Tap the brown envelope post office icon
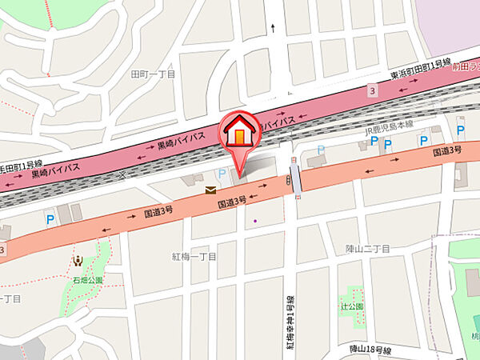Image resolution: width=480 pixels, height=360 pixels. click(210, 190)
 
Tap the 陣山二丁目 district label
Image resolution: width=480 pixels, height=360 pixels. click(368, 249)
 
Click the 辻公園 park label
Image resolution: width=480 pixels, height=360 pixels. click(351, 306)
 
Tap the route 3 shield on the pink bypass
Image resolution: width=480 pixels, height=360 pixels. click(371, 91)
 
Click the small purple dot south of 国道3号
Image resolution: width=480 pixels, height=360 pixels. click(254, 221)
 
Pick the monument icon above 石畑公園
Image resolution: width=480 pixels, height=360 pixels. click(78, 260)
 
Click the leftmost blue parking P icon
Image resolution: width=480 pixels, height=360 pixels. click(50, 217)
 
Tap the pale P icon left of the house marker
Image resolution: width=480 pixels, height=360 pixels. click(222, 173)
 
